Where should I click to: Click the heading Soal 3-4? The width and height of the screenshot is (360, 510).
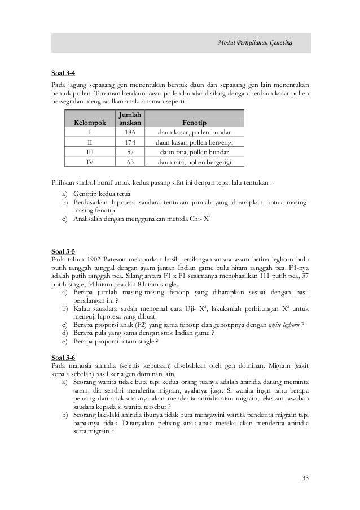(x=57, y=72)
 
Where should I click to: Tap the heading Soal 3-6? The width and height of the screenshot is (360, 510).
(x=57, y=359)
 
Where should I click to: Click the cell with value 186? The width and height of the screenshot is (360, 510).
(x=130, y=132)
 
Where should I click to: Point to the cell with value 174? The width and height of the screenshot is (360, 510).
(x=130, y=142)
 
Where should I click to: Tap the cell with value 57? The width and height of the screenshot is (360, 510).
(x=130, y=152)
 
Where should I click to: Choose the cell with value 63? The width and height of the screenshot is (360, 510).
(x=130, y=163)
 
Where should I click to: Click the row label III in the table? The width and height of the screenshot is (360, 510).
(x=89, y=152)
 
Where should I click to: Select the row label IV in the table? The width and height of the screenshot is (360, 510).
(x=89, y=163)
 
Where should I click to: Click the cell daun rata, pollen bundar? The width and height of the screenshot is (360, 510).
(x=194, y=152)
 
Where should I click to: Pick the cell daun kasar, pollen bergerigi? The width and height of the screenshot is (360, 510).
(x=194, y=142)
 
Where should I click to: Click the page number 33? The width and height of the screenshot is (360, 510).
(x=305, y=479)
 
